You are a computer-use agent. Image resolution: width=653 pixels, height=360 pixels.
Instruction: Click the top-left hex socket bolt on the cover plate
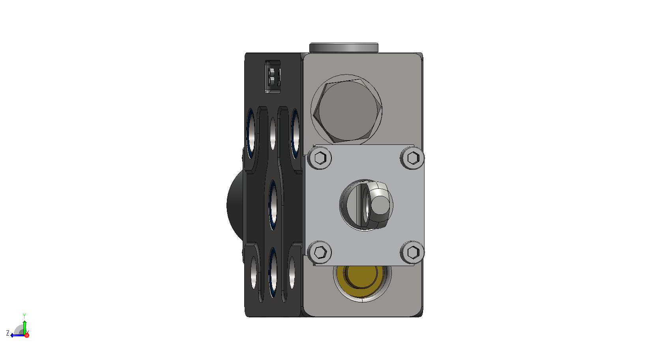(x=320, y=158)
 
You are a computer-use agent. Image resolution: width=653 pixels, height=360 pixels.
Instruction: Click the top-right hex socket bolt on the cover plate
(x=412, y=158)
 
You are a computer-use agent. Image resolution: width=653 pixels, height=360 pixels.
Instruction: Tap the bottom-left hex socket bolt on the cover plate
(x=320, y=252)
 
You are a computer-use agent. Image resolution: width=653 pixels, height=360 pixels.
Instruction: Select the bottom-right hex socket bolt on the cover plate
(x=412, y=252)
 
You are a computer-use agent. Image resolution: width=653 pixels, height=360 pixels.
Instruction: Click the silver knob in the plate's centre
(x=367, y=205)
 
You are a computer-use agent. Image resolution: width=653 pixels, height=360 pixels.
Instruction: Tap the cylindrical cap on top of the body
(x=344, y=48)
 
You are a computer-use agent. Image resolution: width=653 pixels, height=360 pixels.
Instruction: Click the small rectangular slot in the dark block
(x=273, y=77)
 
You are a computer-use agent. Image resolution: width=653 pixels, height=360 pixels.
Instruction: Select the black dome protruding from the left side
(x=235, y=206)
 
